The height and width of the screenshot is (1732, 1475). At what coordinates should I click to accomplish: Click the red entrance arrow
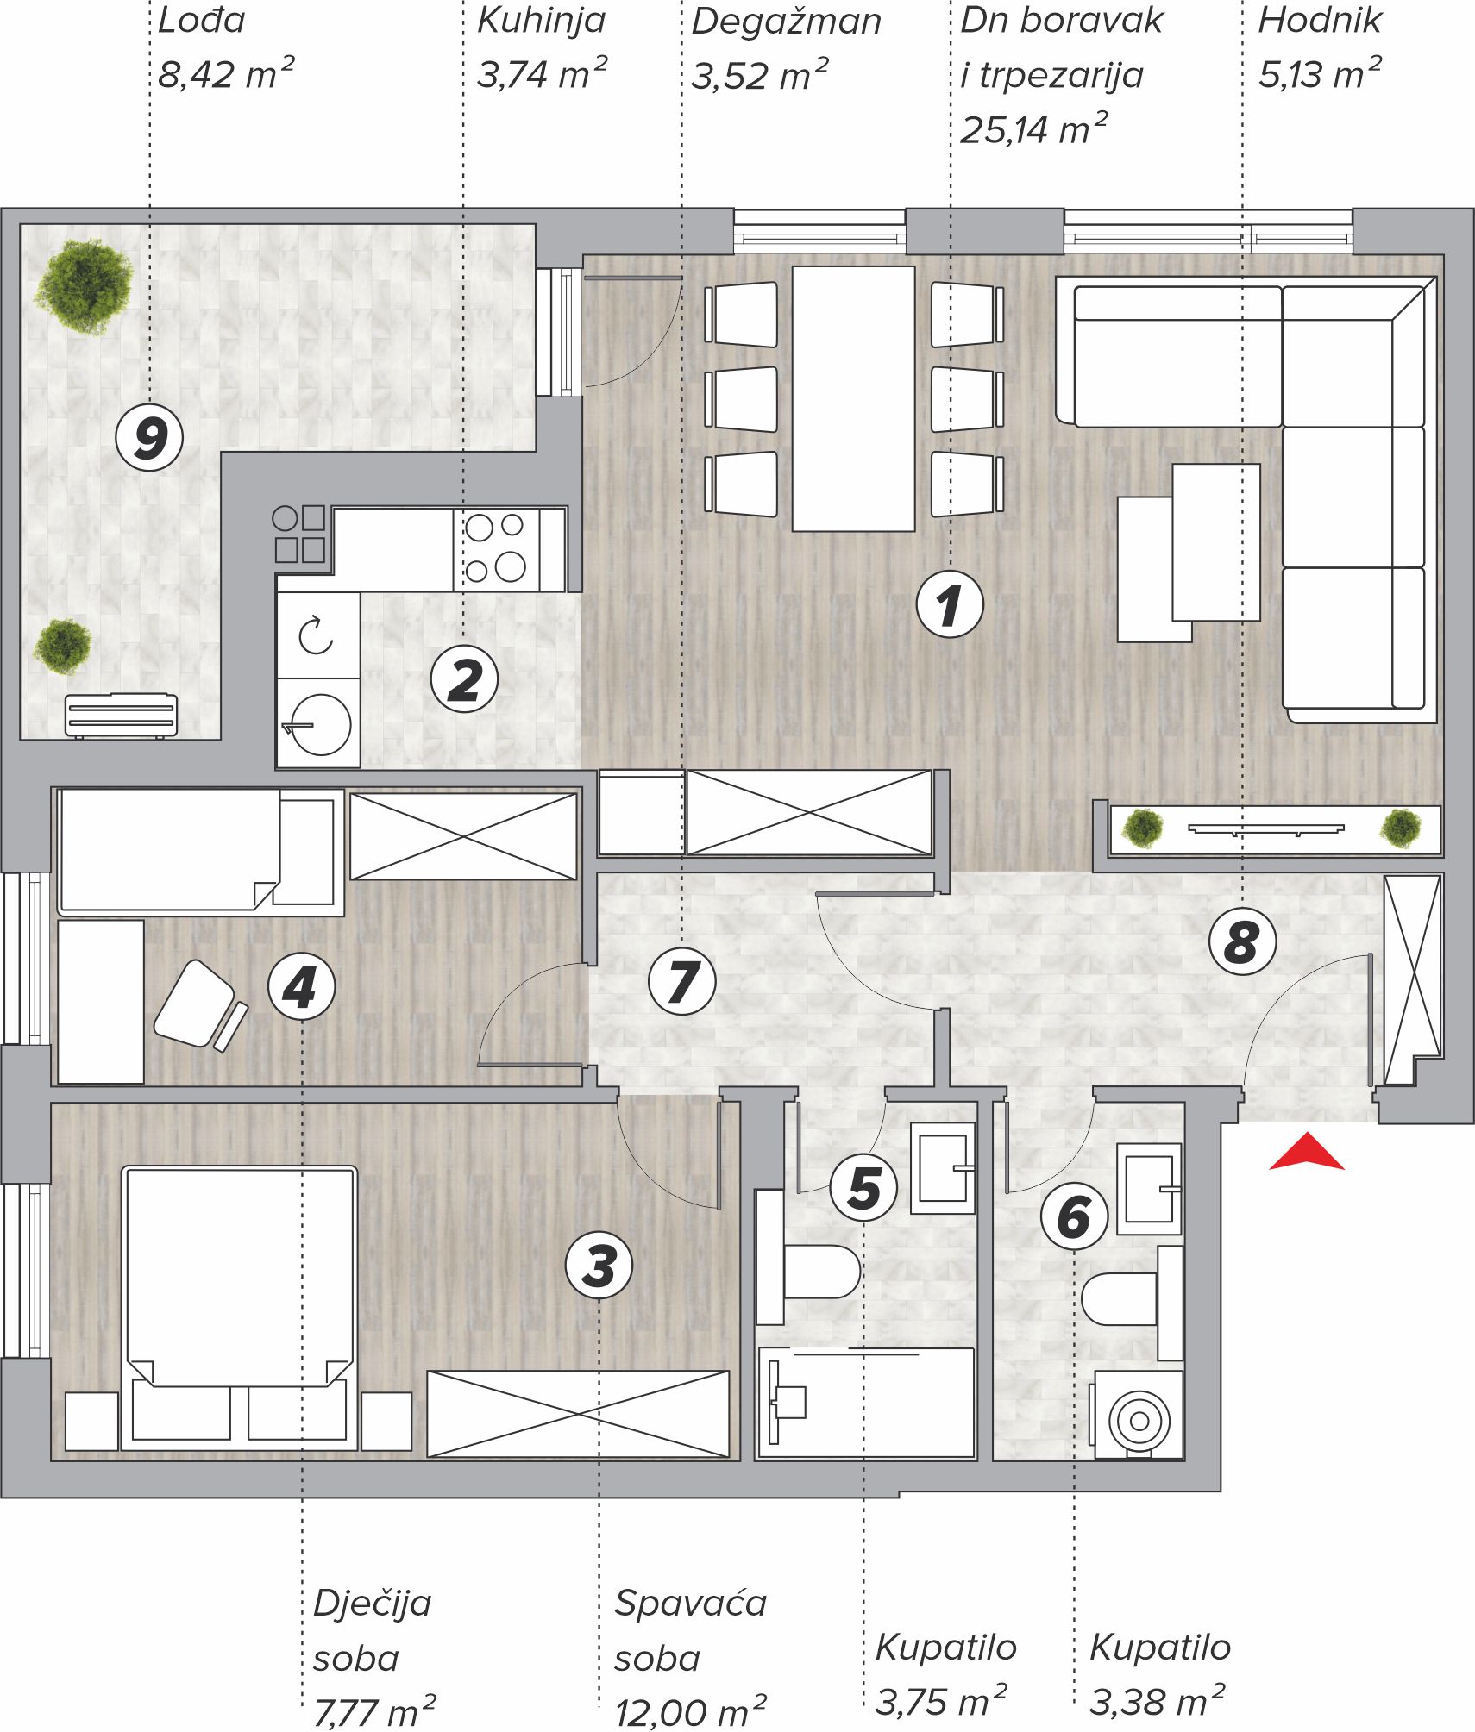point(1306,1154)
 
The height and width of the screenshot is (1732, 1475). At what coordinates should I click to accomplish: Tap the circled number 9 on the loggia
point(149,437)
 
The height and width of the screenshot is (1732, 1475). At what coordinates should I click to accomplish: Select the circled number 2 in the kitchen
point(465,679)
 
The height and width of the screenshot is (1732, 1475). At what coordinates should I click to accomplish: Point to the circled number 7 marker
point(681,981)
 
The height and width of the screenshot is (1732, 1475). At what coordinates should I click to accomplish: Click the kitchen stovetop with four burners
point(497,549)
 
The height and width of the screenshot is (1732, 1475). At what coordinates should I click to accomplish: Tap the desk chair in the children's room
point(201,1005)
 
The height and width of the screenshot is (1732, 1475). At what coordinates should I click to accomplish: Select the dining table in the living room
point(853,398)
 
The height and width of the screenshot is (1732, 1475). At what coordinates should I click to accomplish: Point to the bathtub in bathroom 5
point(866,1403)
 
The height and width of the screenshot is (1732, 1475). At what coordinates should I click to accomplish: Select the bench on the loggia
point(121,716)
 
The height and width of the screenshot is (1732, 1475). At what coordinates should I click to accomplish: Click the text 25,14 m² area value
point(1033,129)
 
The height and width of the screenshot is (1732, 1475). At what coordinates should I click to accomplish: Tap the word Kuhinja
point(542,21)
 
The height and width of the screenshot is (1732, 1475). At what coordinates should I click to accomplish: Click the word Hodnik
point(1320,20)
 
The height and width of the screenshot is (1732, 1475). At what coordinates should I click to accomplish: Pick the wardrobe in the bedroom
point(578,1414)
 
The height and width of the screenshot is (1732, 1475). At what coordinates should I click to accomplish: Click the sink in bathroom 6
point(1149,1189)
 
